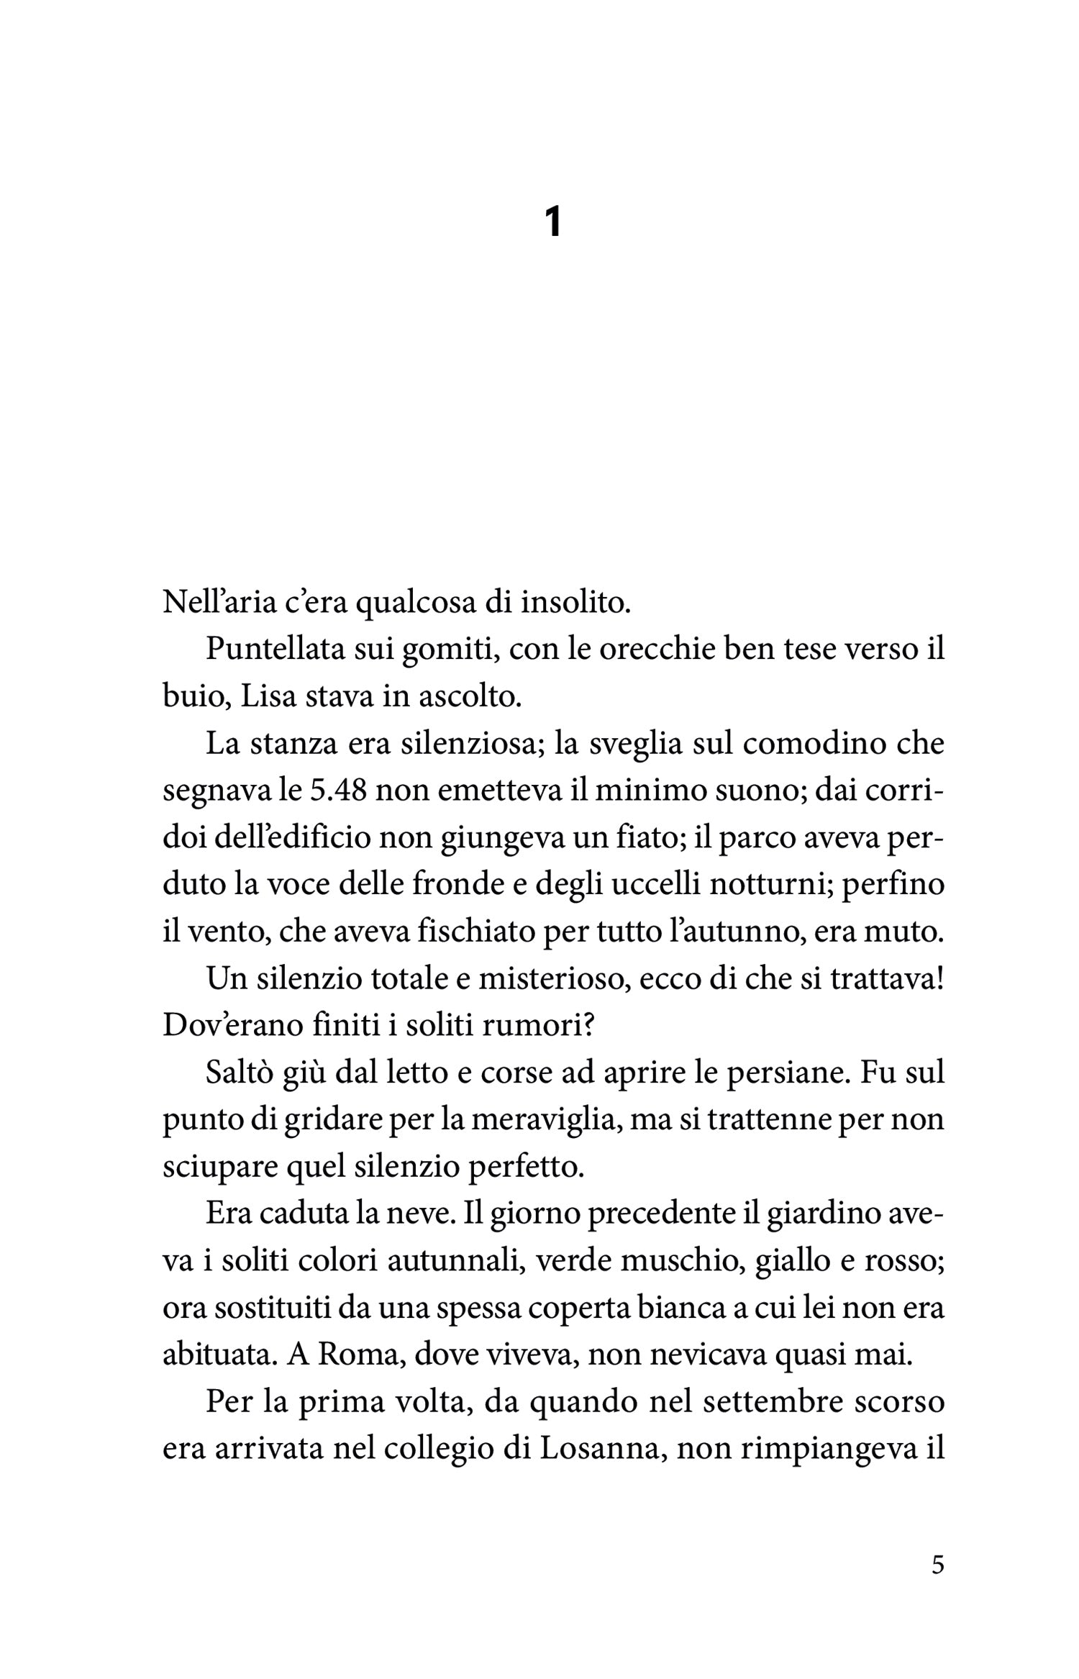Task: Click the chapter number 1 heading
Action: [x=552, y=222]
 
